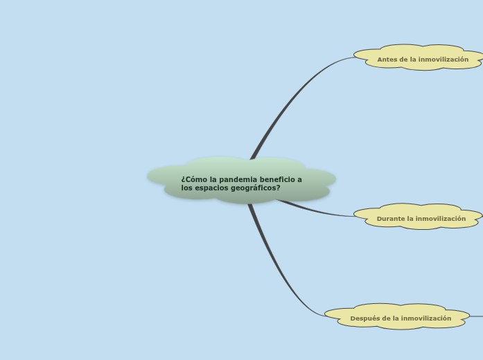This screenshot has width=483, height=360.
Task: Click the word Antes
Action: [x=387, y=60]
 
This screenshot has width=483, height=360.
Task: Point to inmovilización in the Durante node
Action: [x=441, y=219]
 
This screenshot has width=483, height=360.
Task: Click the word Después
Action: [x=365, y=318]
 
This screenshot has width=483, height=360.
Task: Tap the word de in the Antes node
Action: [x=404, y=60]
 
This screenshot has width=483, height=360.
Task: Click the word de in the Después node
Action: [x=387, y=318]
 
